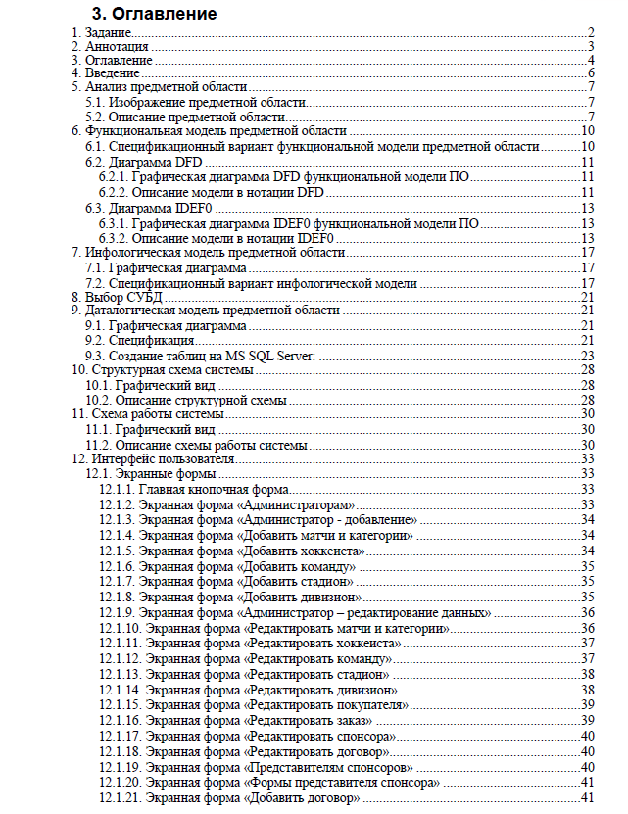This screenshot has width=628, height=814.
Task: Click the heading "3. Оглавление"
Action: pos(154,15)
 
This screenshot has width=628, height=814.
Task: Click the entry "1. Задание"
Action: pos(103,32)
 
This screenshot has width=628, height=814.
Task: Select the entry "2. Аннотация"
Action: pos(110,46)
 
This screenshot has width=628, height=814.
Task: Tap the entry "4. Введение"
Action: pos(106,73)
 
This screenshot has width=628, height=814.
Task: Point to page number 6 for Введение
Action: pos(592,73)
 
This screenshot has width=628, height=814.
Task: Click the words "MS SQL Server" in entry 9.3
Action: pos(270,355)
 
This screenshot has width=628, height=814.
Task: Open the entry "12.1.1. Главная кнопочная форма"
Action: pos(193,488)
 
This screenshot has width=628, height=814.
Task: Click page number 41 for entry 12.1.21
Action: pos(588,798)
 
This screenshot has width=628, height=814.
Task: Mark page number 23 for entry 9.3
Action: pos(588,355)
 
